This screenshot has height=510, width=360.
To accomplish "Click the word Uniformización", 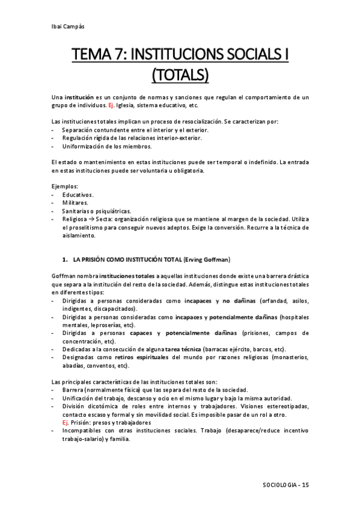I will [84, 146].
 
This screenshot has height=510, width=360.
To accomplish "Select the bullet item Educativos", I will [78, 195].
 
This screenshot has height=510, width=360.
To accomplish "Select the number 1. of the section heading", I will [65, 260].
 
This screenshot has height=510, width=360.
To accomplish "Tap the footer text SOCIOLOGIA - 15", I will [285, 485].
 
